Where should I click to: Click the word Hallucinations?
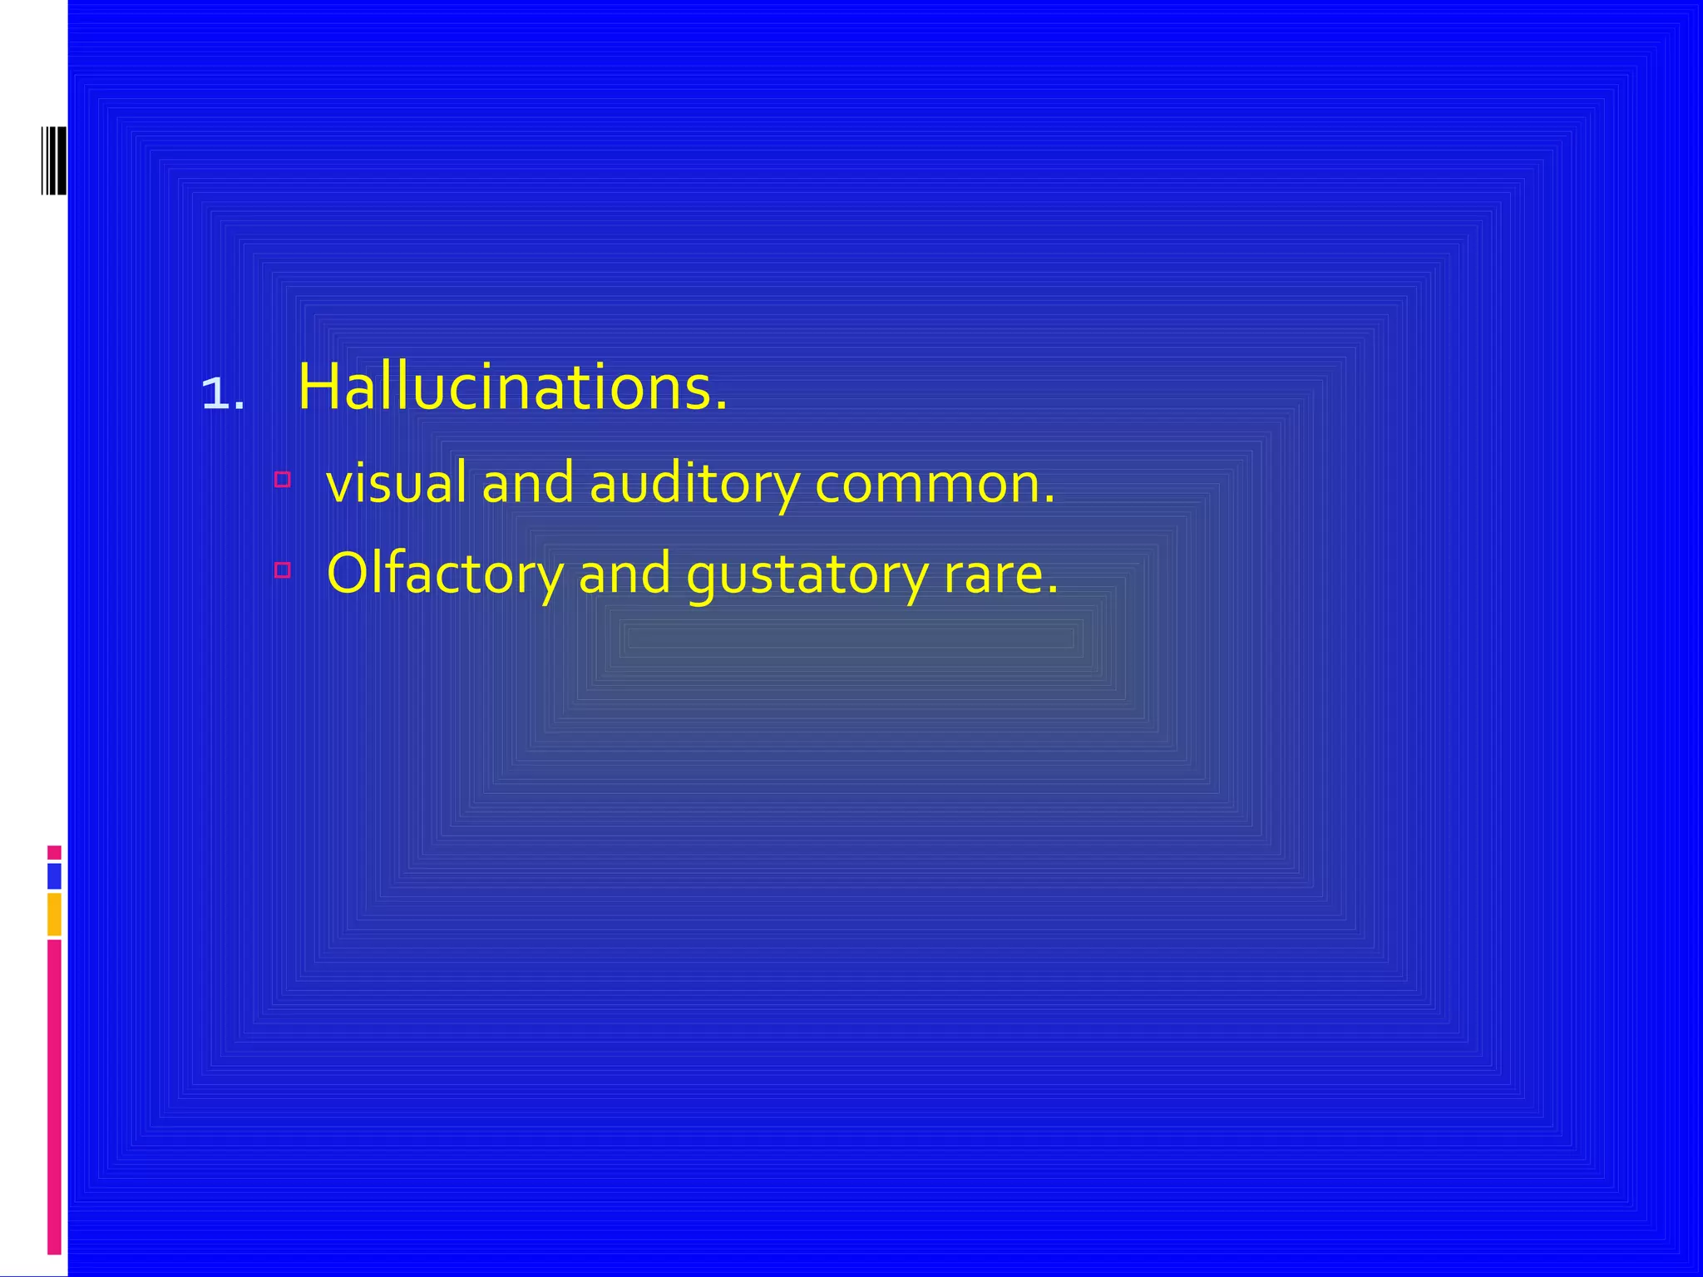point(511,387)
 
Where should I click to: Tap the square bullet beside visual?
point(283,480)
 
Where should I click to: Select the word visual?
point(396,483)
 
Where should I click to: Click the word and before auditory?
point(528,483)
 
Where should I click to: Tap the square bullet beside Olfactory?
point(283,570)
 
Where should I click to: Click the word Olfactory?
point(445,574)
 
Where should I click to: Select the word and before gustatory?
point(624,574)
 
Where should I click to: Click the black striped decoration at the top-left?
point(54,160)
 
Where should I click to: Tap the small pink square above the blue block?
point(54,852)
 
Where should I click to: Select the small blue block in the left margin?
point(54,876)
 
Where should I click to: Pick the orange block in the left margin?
point(54,914)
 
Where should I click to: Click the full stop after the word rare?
point(1053,591)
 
